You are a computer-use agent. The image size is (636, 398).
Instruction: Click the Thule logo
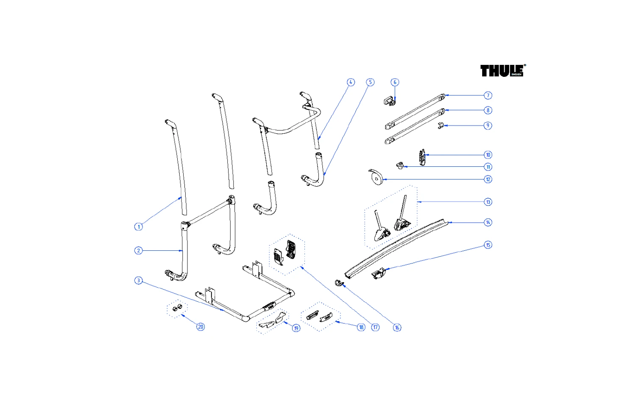tap(502, 70)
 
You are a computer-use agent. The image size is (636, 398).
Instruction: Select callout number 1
tap(138, 227)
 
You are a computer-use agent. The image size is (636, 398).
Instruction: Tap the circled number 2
tap(138, 250)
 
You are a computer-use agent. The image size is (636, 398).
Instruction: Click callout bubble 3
tap(138, 280)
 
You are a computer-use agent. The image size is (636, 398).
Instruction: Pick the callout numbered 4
tap(351, 82)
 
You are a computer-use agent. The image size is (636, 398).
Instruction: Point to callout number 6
tap(395, 82)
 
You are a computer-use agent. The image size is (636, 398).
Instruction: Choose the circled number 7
tap(488, 95)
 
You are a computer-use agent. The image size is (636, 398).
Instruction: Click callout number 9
tap(488, 126)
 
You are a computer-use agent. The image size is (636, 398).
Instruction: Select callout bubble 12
tap(488, 179)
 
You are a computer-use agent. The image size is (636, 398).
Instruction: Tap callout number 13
tap(488, 202)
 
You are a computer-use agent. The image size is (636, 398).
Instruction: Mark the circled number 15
tap(488, 245)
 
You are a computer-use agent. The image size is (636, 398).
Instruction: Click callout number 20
tap(201, 327)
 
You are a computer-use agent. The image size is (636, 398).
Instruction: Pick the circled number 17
tap(375, 327)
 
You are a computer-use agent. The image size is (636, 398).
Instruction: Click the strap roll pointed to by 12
tap(375, 178)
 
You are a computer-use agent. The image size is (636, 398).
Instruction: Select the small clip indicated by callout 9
tap(441, 126)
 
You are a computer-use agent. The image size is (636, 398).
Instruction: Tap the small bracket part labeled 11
tap(399, 165)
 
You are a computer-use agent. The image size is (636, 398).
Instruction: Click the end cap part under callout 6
tap(389, 101)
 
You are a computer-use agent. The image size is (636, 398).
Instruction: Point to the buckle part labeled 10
tap(422, 157)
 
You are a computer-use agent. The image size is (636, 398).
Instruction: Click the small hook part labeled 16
tap(338, 283)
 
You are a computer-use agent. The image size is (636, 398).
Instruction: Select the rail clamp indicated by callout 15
tap(378, 273)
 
